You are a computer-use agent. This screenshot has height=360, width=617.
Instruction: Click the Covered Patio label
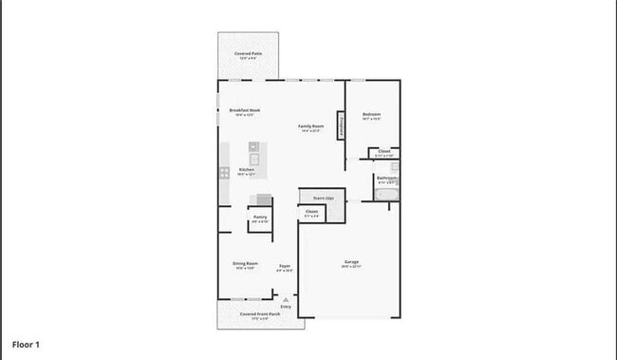point(249,54)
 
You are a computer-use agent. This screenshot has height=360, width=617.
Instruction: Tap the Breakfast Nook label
point(245,111)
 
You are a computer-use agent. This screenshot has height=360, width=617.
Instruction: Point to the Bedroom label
point(371,115)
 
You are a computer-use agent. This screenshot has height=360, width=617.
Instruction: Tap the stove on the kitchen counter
point(225,173)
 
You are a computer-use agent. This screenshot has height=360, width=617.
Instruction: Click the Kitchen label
point(247,170)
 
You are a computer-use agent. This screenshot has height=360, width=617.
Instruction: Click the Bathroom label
point(386,178)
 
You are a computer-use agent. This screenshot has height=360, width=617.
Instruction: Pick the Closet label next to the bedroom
point(384,151)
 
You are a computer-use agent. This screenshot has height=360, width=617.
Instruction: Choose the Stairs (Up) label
point(310,198)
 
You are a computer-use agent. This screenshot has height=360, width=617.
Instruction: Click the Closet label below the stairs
point(311,212)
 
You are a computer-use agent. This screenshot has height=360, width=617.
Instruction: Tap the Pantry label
point(260,217)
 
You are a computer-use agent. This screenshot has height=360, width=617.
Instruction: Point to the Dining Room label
point(246,263)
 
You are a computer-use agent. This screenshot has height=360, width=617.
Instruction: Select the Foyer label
point(284,266)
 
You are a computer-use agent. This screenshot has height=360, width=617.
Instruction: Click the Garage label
point(351,261)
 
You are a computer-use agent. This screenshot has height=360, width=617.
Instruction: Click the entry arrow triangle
point(286,299)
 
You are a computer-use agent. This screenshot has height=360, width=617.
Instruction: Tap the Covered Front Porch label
point(260,313)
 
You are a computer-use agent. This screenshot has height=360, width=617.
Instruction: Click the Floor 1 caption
point(26,344)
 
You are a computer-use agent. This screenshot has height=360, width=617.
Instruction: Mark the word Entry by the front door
point(286,307)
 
